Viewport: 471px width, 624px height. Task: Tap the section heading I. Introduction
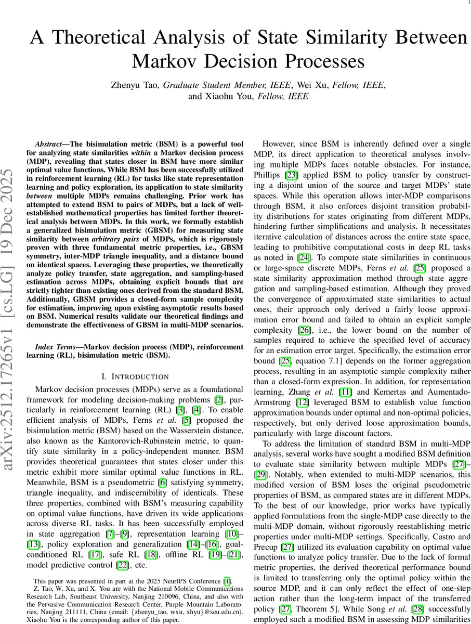(135, 376)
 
